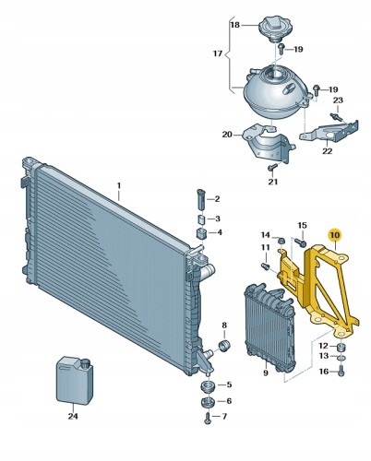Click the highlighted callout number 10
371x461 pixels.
coord(335,235)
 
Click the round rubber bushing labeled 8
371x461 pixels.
coord(221,345)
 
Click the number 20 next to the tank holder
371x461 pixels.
coord(227,135)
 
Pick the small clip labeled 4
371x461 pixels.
coord(200,232)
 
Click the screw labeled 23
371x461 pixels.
coord(339,115)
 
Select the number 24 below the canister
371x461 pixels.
coord(72,415)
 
